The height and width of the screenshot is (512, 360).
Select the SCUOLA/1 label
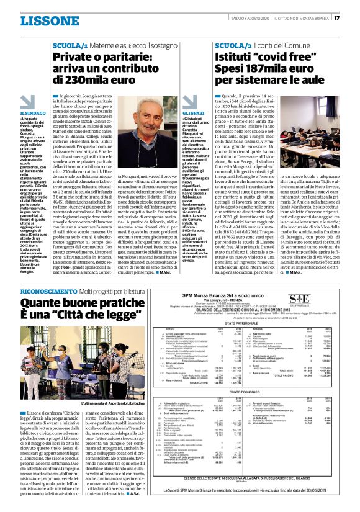click(x=69, y=46)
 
